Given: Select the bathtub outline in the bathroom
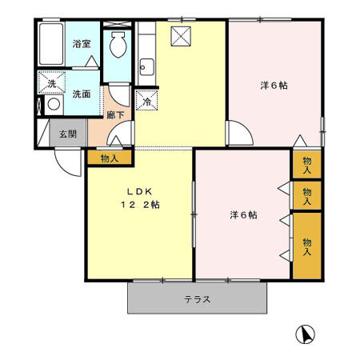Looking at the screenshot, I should pos(50,46).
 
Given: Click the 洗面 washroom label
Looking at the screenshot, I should pos(82,94).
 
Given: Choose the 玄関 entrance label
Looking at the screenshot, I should pos(66,134).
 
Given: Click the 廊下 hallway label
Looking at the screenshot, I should pos(116,115).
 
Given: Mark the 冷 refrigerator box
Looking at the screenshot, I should pos(147,100).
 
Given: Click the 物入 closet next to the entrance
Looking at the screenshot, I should pos(110,158).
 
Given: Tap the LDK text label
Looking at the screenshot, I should pos(133,191).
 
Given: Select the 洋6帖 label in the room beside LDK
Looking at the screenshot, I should pos(243,214).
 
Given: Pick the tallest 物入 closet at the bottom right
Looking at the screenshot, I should pos(307,245).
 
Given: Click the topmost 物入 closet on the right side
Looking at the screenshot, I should pos(307,165).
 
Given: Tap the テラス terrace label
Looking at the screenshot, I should pos(197,300).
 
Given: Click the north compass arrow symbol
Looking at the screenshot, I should pos(305,334).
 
